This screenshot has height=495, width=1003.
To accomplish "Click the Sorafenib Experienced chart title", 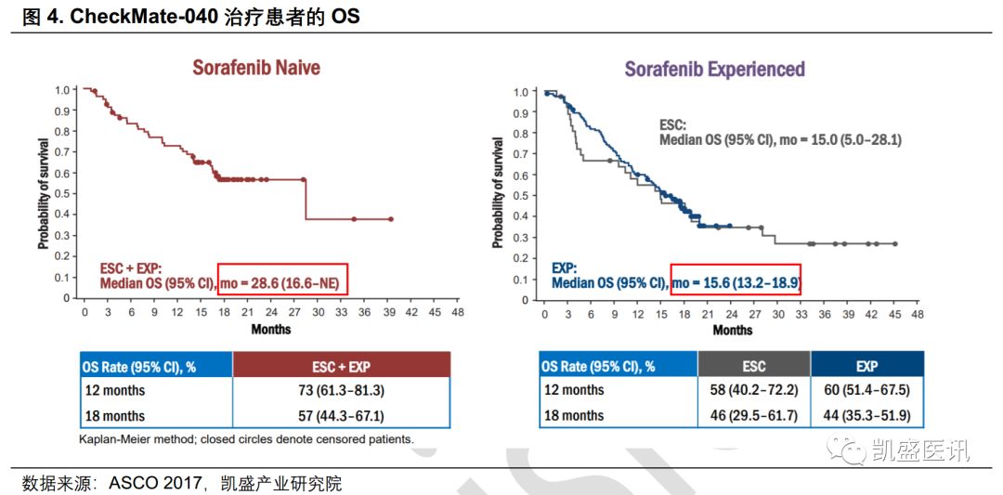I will [x=714, y=70].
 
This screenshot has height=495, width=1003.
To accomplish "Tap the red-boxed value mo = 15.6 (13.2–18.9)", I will [x=736, y=281].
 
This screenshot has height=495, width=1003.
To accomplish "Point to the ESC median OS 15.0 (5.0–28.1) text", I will [x=780, y=139].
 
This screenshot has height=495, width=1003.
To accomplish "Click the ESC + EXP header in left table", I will [x=341, y=365].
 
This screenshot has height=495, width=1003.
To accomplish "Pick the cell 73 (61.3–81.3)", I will [x=341, y=391].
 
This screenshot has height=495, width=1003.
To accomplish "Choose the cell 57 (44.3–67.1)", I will [x=341, y=416].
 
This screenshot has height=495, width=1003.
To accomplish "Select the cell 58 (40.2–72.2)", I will [x=753, y=391].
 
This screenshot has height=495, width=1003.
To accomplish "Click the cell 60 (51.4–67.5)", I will [x=866, y=391].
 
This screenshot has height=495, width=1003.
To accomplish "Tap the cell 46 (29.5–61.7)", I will [x=753, y=416].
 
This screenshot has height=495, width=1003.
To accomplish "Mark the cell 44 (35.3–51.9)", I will [x=866, y=416].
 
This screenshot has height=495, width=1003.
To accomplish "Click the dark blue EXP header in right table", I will [x=866, y=366].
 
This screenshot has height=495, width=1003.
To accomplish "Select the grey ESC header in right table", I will [x=753, y=366].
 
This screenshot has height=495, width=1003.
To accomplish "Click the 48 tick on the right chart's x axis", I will [x=918, y=314].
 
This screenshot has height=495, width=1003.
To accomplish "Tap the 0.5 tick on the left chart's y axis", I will [x=60, y=194].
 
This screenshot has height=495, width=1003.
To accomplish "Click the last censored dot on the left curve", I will [x=390, y=219].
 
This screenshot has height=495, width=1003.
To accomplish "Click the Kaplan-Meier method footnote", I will [x=246, y=439].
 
